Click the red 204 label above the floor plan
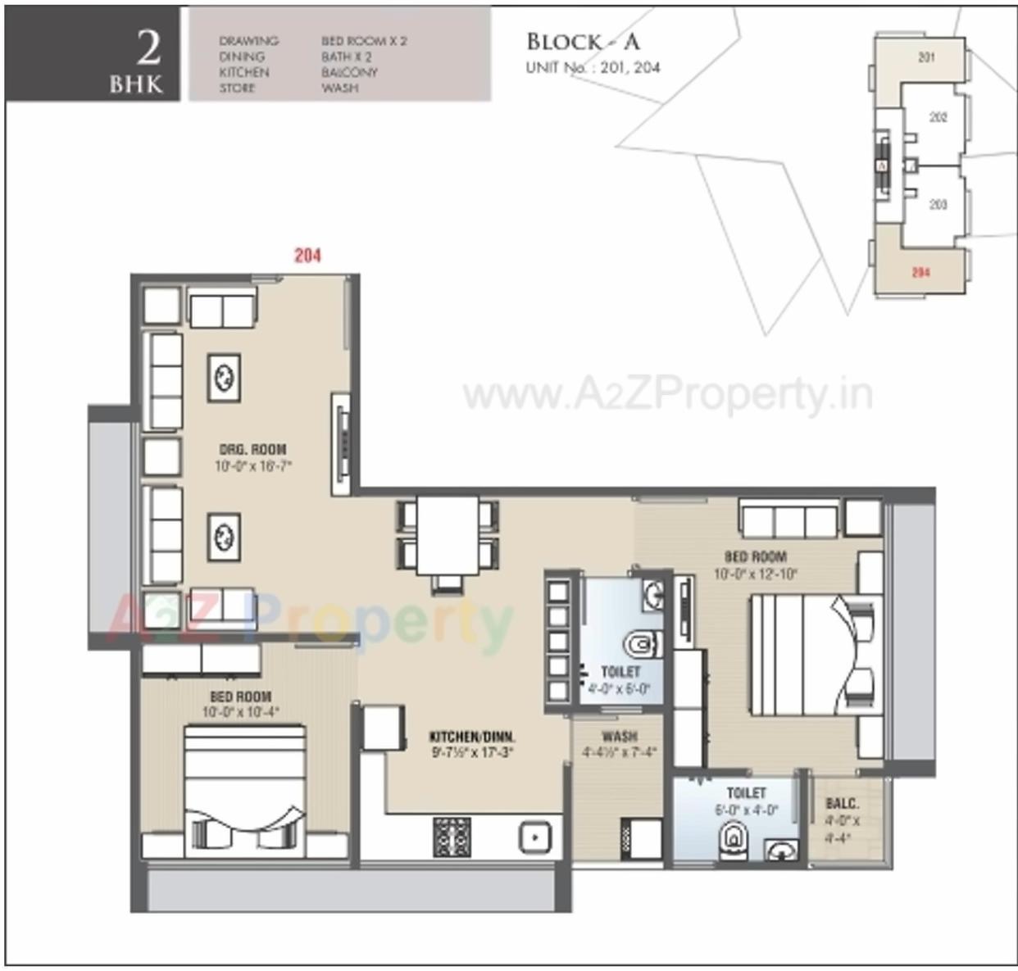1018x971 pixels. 307,256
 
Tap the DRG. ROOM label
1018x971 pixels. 252,449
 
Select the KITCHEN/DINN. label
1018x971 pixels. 472,736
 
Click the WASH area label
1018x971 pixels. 619,736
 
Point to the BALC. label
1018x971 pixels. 843,804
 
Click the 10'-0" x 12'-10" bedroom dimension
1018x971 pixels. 755,574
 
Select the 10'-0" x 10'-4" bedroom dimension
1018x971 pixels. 240,712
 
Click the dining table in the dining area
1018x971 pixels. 448,535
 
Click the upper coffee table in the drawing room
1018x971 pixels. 224,378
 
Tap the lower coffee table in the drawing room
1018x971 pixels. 224,537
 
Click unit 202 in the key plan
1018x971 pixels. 938,117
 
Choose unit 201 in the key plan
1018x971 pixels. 926,57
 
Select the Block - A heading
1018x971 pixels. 583,42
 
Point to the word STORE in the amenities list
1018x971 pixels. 237,88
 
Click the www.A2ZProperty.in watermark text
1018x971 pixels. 667,396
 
